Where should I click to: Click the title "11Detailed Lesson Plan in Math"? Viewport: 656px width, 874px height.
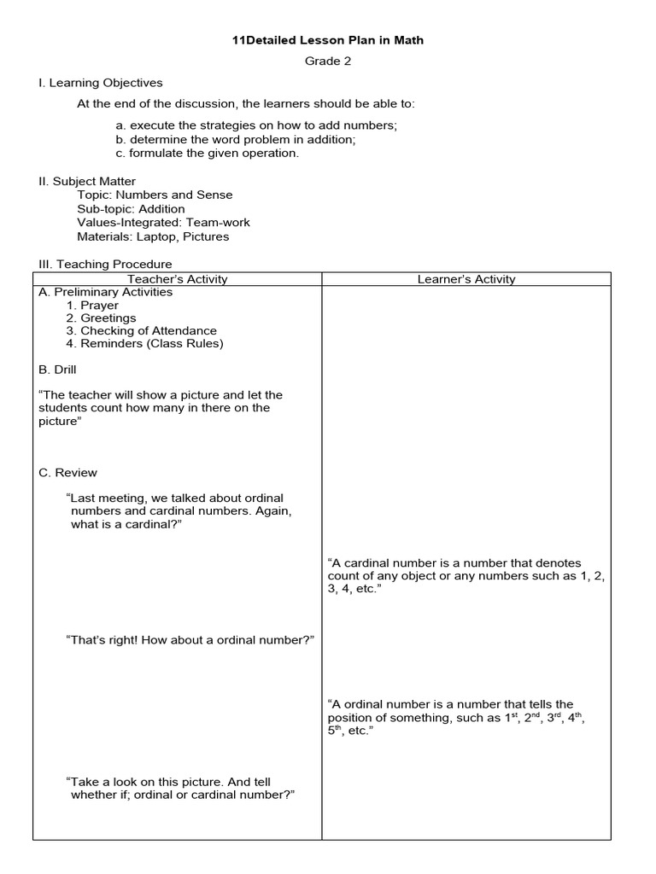[328, 40]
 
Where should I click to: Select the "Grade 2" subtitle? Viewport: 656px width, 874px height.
[328, 61]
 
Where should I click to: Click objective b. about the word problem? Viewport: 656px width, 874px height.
[236, 139]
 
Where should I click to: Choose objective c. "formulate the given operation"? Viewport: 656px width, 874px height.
[208, 153]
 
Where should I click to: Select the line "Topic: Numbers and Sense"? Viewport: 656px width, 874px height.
[155, 195]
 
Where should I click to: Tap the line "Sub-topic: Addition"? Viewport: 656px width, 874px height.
[131, 208]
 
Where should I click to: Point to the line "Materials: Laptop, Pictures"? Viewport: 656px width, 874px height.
[153, 236]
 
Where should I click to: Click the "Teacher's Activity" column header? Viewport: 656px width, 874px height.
[178, 279]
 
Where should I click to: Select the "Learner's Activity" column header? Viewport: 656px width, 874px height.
[466, 279]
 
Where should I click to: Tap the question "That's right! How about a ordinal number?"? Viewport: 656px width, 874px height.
[190, 640]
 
